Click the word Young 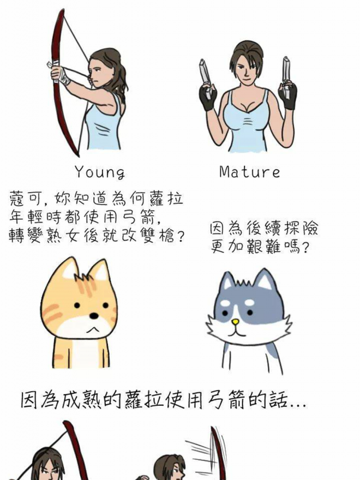click(x=100, y=172)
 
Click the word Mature click(x=249, y=172)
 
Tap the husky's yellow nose click(x=235, y=322)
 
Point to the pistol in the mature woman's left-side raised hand click(x=206, y=78)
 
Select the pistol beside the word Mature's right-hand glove click(x=286, y=76)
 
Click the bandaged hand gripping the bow click(x=61, y=75)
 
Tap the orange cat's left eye click(x=77, y=305)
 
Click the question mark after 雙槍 click(x=181, y=236)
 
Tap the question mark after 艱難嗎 click(x=304, y=247)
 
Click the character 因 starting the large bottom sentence click(x=30, y=399)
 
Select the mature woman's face click(x=246, y=69)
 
